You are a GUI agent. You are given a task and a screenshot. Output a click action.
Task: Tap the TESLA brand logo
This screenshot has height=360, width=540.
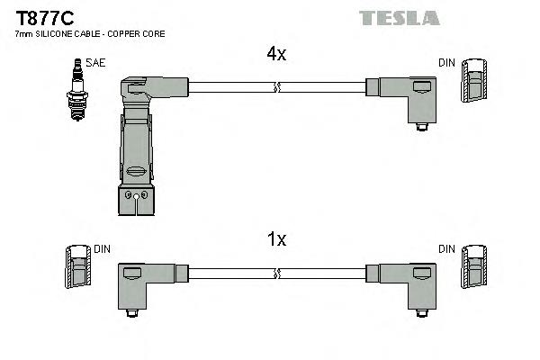coord(399,17)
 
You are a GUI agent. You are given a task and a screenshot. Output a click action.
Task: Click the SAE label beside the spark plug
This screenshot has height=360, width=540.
coord(94,63)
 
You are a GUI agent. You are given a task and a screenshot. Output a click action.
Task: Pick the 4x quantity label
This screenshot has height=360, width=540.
coord(275,54)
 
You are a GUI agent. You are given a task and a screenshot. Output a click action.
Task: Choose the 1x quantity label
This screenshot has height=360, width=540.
coord(275,239)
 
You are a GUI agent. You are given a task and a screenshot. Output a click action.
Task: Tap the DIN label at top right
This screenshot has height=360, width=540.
coord(446,63)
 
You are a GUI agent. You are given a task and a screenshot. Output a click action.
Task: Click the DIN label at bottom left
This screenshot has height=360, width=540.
coord(102,248)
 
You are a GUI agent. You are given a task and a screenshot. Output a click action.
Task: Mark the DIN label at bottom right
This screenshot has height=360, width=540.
coord(446,248)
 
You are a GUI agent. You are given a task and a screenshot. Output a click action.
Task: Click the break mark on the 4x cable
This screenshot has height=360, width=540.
coord(276,87)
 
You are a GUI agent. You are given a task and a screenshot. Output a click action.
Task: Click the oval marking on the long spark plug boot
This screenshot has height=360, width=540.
coord(137,171)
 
